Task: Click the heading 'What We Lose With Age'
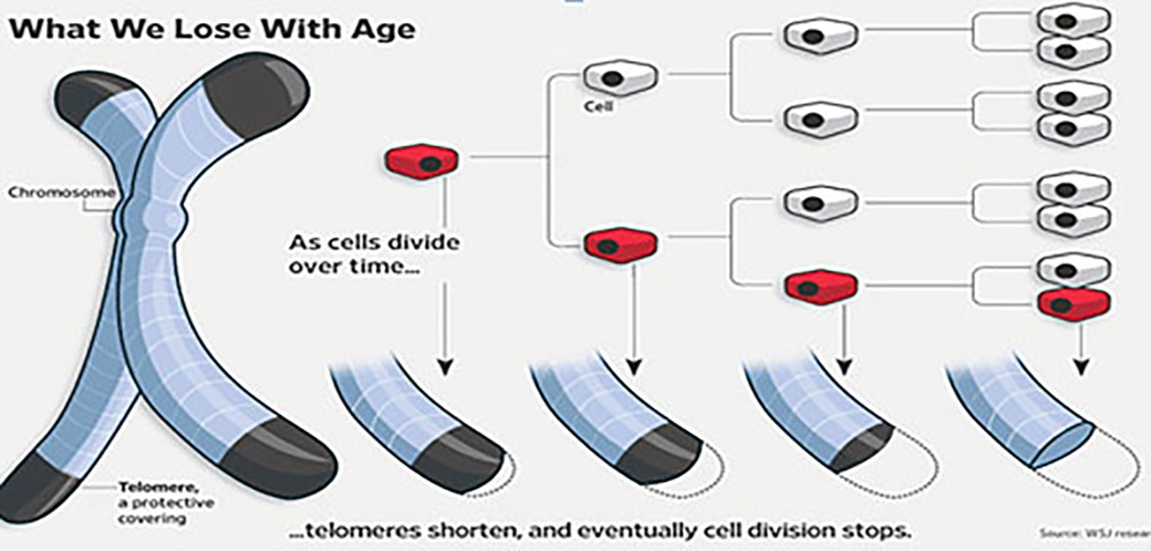[212, 28]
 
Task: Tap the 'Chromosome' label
[57, 193]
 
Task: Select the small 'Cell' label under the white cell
[599, 107]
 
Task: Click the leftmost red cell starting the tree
[421, 161]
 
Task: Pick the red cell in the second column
[621, 245]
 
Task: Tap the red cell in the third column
[820, 285]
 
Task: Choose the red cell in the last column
[1073, 303]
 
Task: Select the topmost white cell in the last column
[1073, 20]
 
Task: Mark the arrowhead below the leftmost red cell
[444, 367]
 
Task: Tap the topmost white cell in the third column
[820, 36]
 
